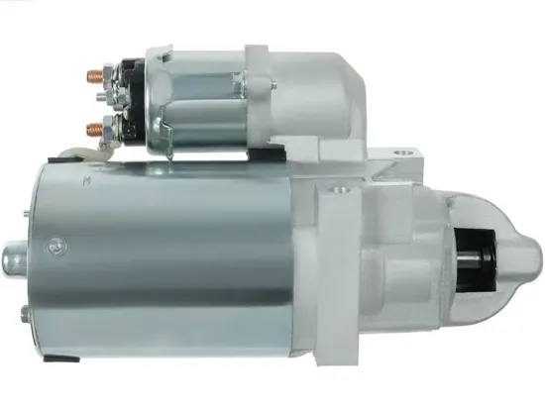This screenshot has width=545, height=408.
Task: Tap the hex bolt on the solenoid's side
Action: pos(237,84)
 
